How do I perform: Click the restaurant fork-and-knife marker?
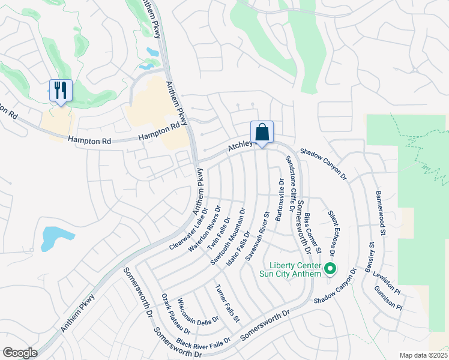[61, 91]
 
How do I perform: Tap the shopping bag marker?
[262, 132]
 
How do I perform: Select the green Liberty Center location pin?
[330, 269]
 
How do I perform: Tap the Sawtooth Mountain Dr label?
[228, 236]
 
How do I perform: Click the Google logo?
[20, 353]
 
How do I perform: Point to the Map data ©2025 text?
[424, 355]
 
